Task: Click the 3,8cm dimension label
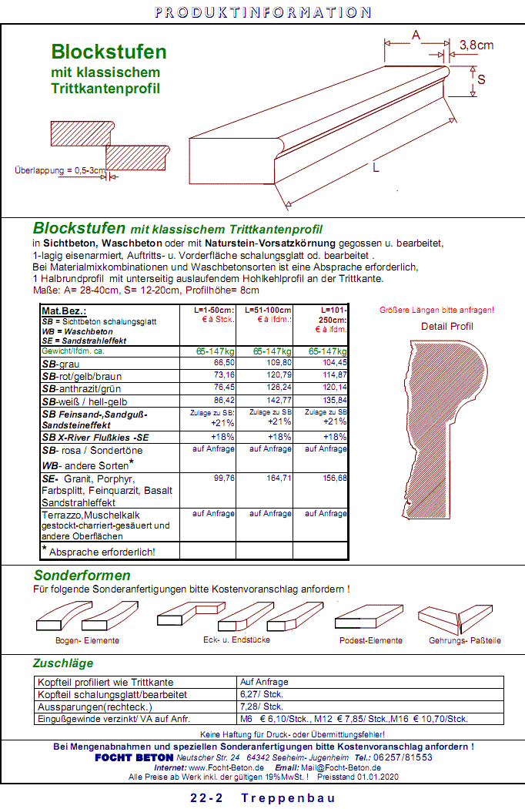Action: pyautogui.click(x=477, y=45)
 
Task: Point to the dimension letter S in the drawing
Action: pyautogui.click(x=481, y=79)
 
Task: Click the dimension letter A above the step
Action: pyautogui.click(x=416, y=35)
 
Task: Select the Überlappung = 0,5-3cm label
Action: pyautogui.click(x=59, y=170)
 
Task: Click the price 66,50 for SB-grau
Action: pyautogui.click(x=224, y=362)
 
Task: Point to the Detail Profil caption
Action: pyautogui.click(x=446, y=327)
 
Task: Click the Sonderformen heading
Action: pyautogui.click(x=82, y=576)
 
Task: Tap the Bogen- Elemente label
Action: pyautogui.click(x=87, y=640)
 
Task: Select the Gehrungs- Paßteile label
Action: pyautogui.click(x=466, y=640)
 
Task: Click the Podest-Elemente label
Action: pyautogui.click(x=370, y=640)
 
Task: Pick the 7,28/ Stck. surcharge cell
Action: pyautogui.click(x=262, y=707)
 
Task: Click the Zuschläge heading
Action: pyautogui.click(x=62, y=663)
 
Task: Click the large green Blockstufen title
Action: pyautogui.click(x=109, y=52)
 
